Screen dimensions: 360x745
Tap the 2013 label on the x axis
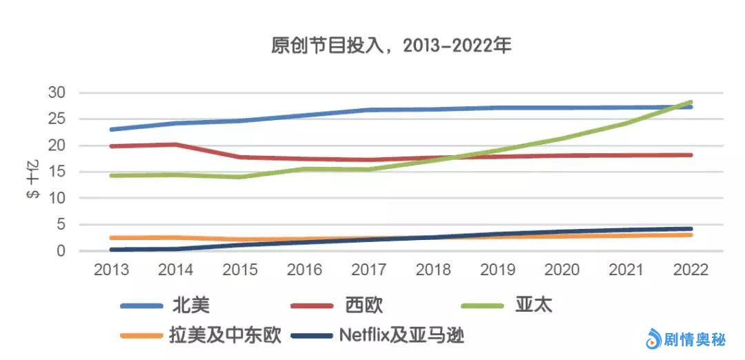click(x=111, y=270)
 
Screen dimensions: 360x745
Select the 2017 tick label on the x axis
click(x=367, y=270)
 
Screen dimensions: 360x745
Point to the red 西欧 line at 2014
click(x=176, y=144)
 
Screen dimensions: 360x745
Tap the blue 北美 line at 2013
click(x=112, y=129)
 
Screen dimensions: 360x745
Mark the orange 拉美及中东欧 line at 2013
click(x=112, y=237)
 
